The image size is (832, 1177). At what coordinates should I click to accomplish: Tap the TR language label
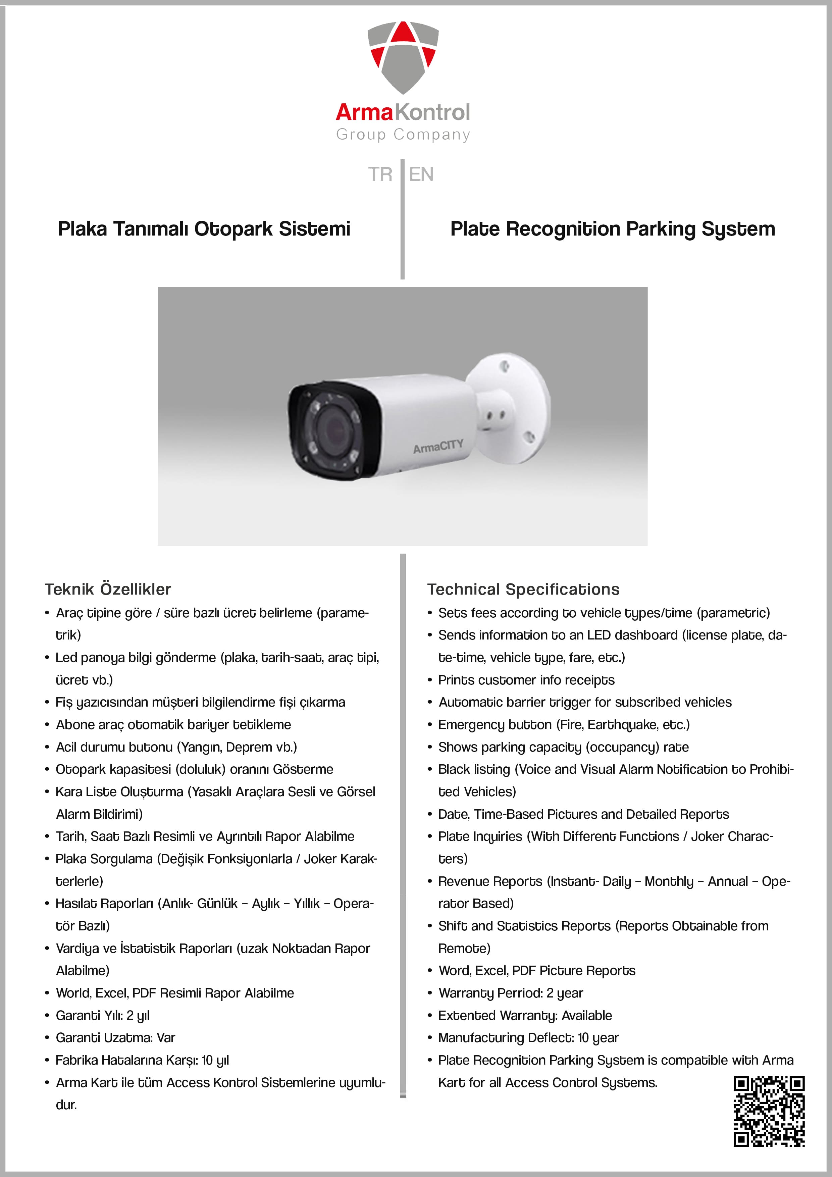[380, 174]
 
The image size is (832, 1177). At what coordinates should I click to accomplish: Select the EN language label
[421, 174]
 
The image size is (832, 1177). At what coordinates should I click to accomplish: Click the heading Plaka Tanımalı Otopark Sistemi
[204, 228]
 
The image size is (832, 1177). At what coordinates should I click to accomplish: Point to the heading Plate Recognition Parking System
[613, 228]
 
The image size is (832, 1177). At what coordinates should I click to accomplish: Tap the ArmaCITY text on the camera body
[438, 446]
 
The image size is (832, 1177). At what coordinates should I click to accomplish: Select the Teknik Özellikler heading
[108, 589]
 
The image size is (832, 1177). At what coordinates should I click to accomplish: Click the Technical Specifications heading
[523, 589]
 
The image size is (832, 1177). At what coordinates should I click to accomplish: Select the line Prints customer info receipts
[526, 680]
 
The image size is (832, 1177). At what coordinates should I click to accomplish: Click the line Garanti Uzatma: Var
[115, 1037]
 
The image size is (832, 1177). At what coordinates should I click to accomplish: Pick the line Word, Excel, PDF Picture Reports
[537, 970]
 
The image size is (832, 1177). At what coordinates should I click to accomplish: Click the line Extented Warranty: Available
[525, 1015]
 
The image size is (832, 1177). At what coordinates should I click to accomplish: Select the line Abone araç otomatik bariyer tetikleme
[173, 724]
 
